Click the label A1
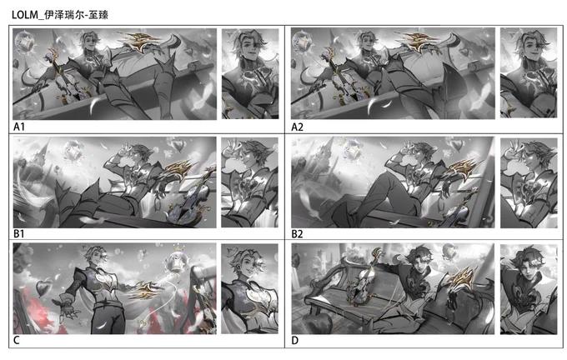click(19, 127)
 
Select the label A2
click(297, 127)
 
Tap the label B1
click(19, 234)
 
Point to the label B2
click(297, 234)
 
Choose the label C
click(17, 341)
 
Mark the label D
click(294, 341)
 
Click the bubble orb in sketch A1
click(24, 42)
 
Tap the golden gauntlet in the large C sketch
click(144, 290)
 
